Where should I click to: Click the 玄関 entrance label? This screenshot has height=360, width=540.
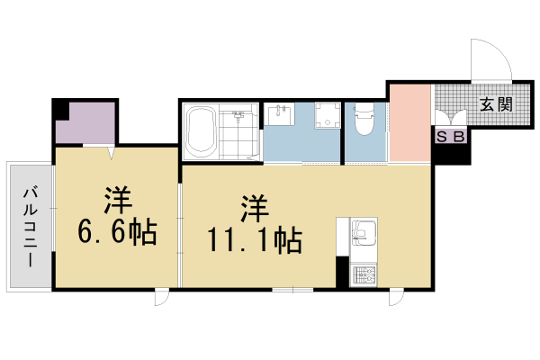click(496, 104)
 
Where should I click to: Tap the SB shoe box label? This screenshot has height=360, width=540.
click(451, 137)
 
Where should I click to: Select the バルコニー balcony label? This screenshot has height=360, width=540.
click(31, 227)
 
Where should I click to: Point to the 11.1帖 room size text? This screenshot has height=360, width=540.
click(254, 240)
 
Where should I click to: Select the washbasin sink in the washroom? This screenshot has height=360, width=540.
click(281, 114)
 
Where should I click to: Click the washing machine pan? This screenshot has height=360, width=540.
click(328, 115)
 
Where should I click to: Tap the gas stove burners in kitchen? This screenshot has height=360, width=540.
click(364, 275)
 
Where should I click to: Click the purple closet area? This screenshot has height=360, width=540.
click(85, 123)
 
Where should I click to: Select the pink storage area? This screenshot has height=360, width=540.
click(409, 123)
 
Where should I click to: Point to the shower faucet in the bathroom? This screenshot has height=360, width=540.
click(238, 114)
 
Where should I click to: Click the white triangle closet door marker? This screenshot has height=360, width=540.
click(111, 153)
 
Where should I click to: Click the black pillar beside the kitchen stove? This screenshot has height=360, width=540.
click(342, 272)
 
